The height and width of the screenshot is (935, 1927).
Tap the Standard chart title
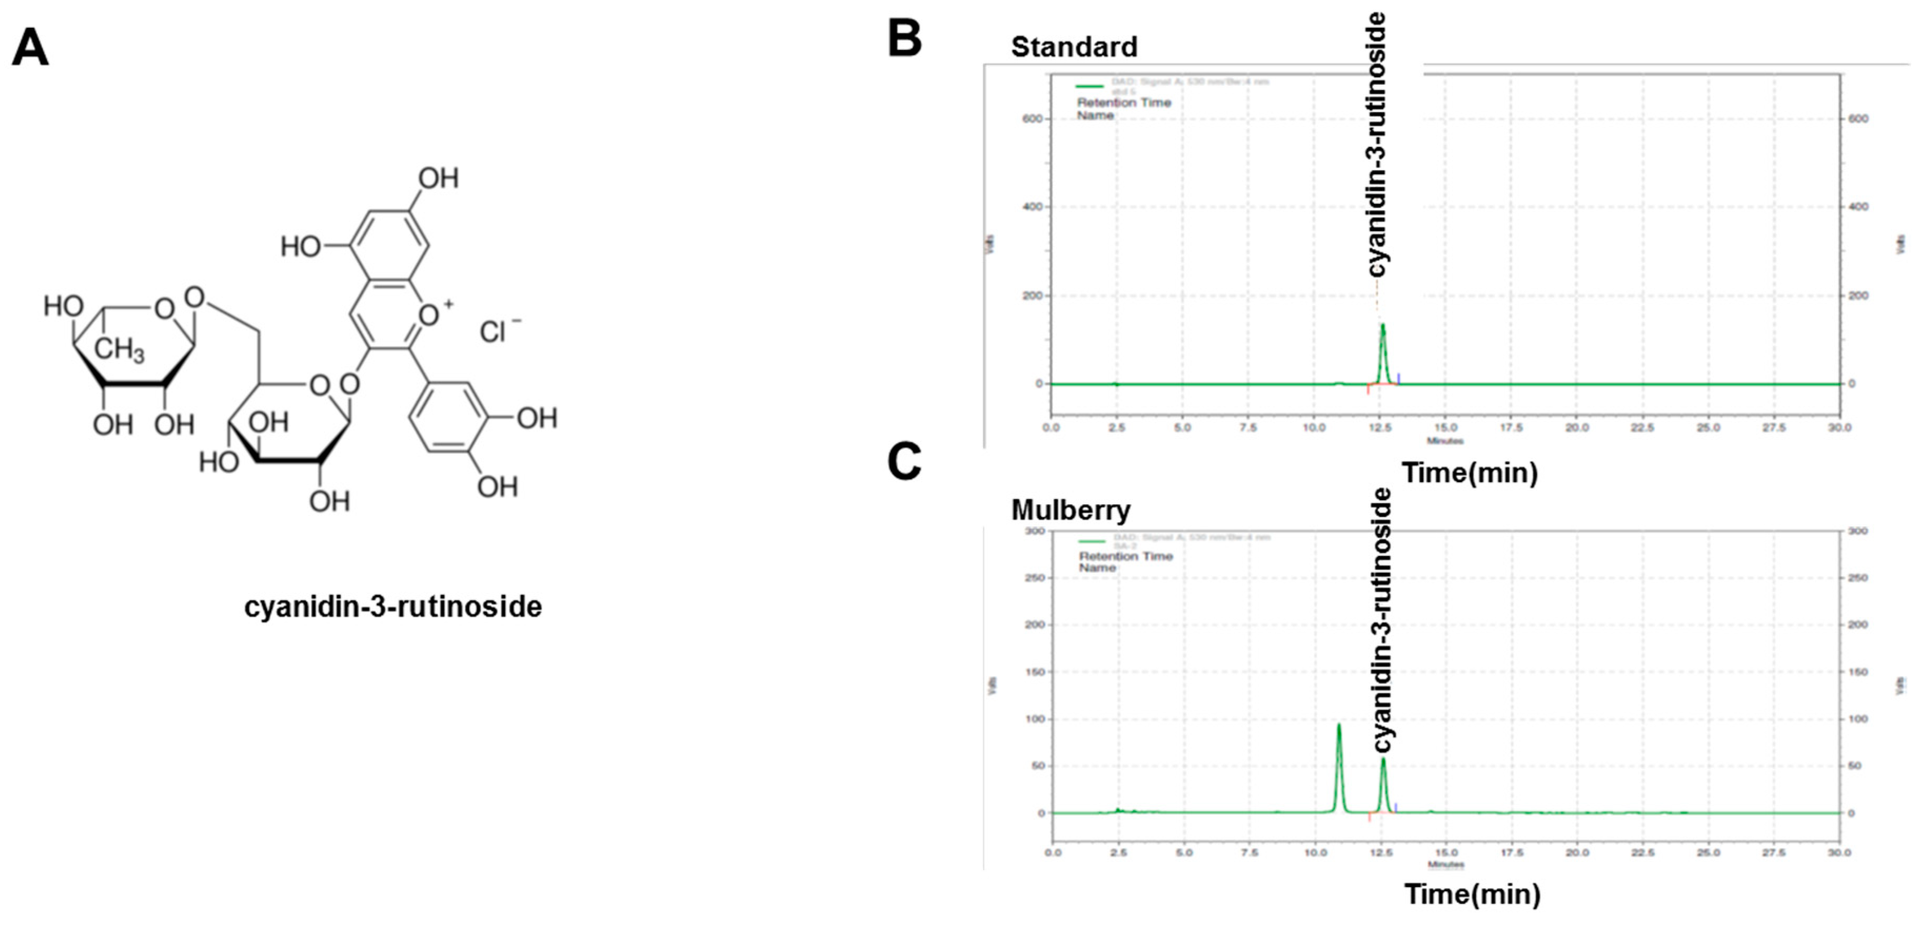click(x=1074, y=47)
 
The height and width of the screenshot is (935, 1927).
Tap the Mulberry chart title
click(x=1070, y=510)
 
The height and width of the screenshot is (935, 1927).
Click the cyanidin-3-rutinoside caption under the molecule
click(x=393, y=606)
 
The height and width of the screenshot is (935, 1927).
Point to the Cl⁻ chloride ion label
click(x=499, y=331)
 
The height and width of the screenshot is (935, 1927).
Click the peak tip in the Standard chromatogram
click(x=1383, y=326)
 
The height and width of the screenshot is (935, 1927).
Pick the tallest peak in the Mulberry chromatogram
click(x=1338, y=725)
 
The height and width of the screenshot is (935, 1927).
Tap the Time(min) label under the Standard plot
click(x=1469, y=473)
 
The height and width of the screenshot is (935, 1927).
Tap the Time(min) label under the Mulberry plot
click(x=1472, y=894)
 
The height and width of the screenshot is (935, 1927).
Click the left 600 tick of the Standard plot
click(x=1032, y=119)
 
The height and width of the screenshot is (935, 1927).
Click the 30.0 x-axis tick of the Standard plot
click(x=1839, y=428)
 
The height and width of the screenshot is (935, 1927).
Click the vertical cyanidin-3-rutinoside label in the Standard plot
click(x=1376, y=146)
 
